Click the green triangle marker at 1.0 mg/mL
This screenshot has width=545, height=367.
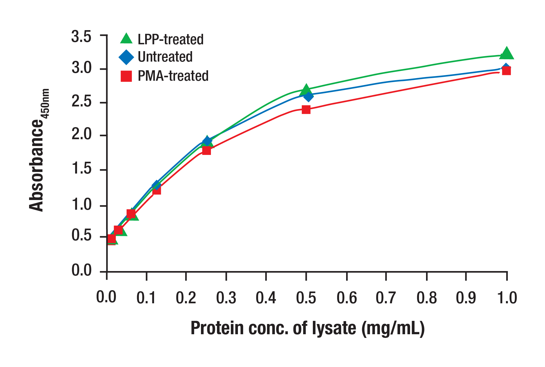[x=506, y=54]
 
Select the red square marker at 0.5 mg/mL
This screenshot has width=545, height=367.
[x=306, y=110]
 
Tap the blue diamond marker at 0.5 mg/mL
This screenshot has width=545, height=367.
[x=309, y=96]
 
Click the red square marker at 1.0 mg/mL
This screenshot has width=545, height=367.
[x=506, y=71]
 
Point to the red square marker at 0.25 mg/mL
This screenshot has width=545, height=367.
[x=206, y=151]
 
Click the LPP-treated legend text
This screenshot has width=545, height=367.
[x=171, y=40]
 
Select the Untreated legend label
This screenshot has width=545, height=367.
[x=165, y=57]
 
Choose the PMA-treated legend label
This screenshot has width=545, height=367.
[x=173, y=76]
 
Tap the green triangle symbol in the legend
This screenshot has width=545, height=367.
[x=126, y=39]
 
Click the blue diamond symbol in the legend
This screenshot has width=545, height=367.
[x=126, y=57]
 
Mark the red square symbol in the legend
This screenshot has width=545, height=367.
[x=126, y=76]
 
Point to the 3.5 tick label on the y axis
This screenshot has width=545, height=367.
[x=81, y=36]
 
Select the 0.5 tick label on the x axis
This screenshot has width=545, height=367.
[x=306, y=298]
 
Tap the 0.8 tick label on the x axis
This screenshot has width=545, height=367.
[x=427, y=298]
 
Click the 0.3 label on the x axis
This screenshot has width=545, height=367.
[x=226, y=298]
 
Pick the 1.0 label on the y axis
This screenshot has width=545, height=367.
[x=81, y=205]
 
